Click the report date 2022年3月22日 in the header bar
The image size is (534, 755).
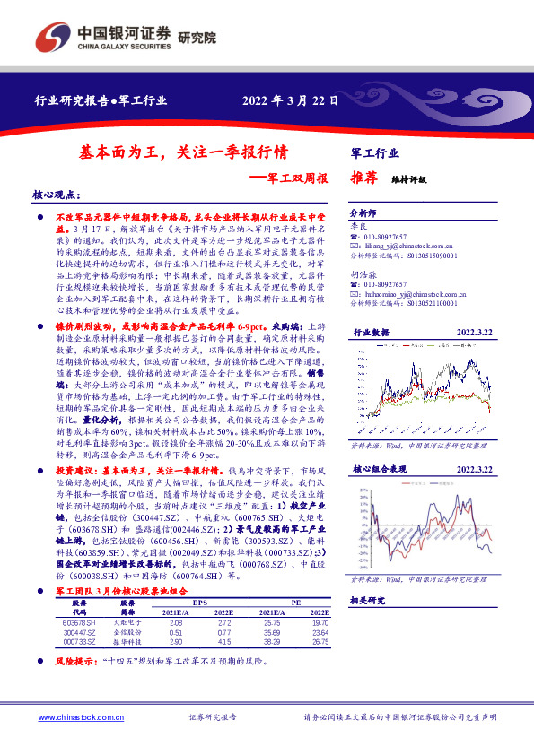coord(290,101)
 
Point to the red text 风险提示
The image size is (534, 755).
coord(77,663)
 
